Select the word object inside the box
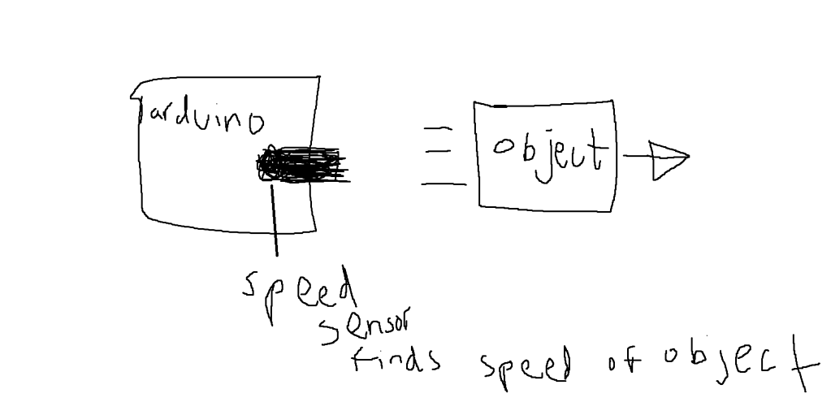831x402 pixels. tap(551, 151)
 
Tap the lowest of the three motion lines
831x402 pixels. tap(444, 184)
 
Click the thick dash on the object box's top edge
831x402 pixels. tap(500, 106)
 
